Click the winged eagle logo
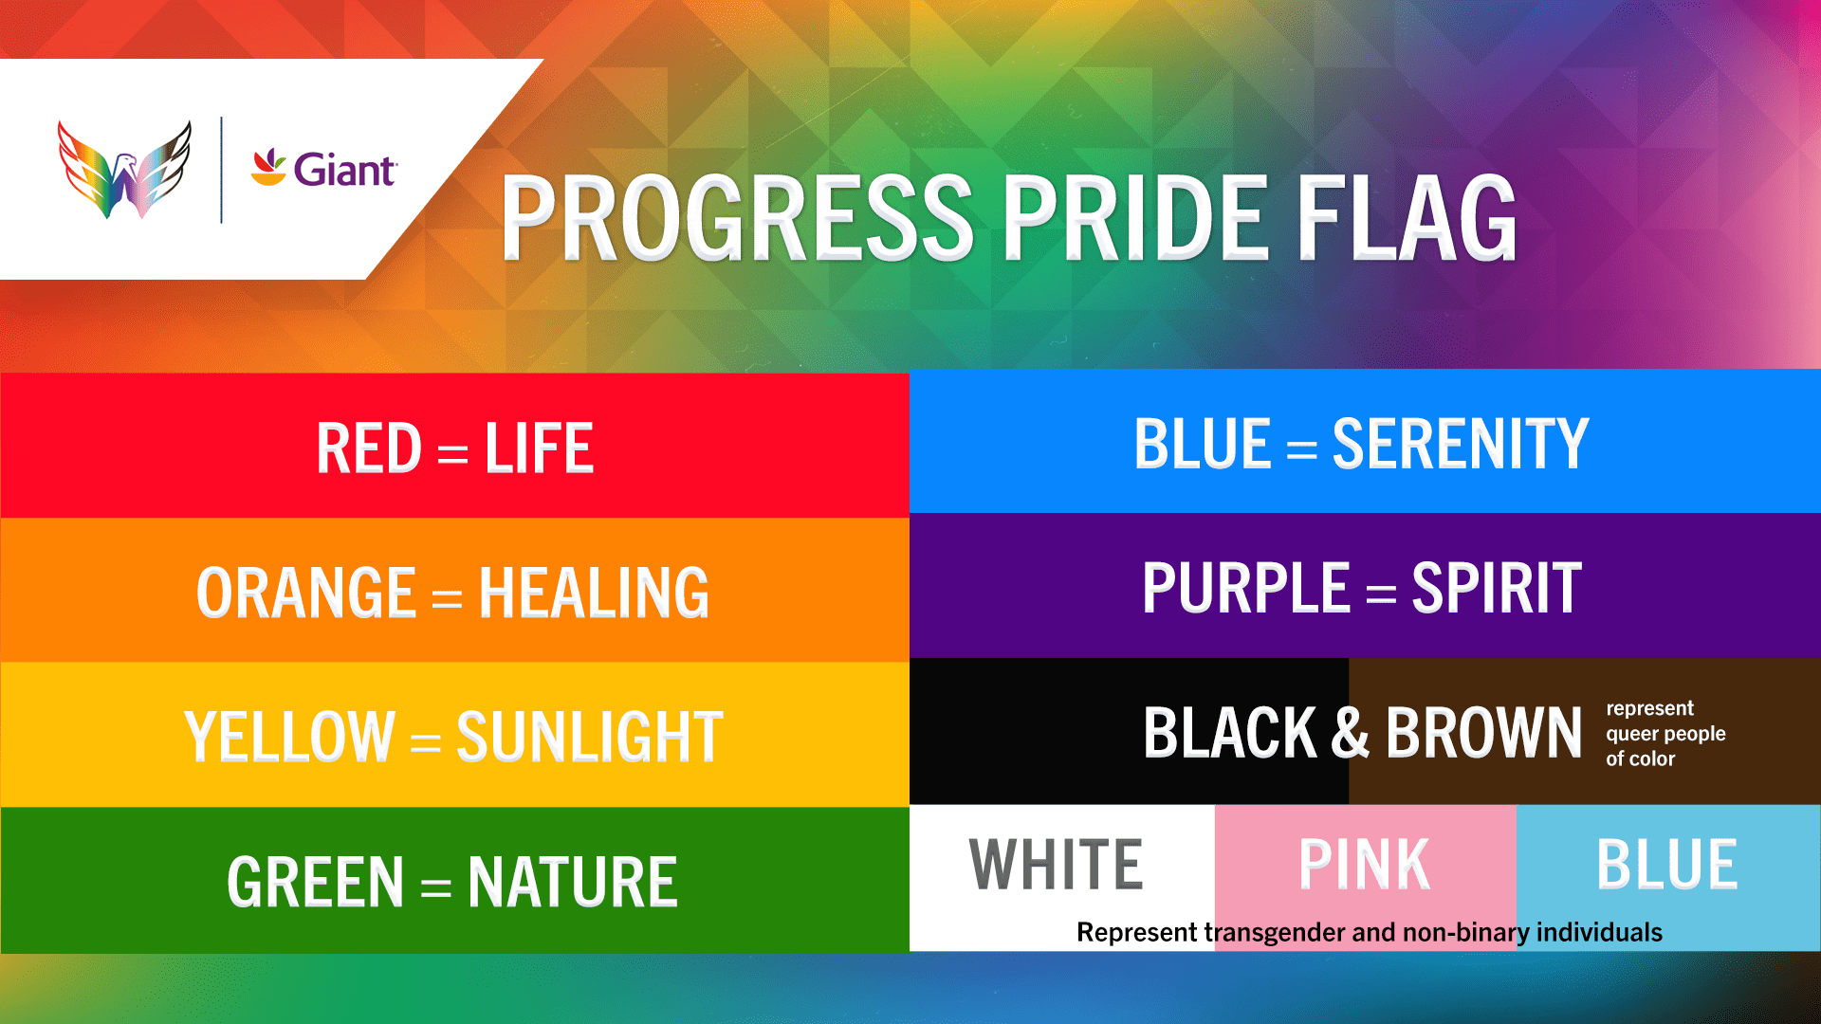click(x=124, y=170)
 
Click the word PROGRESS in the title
click(x=738, y=218)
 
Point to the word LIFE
click(x=540, y=448)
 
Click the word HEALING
click(x=594, y=594)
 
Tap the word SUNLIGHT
click(x=590, y=737)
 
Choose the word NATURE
click(x=573, y=882)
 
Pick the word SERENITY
click(x=1461, y=444)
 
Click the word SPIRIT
click(x=1497, y=588)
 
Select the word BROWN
click(x=1484, y=733)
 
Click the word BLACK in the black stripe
click(x=1230, y=733)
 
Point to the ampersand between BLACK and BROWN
click(x=1351, y=733)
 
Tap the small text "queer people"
click(x=1665, y=734)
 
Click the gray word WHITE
click(x=1056, y=865)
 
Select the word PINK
click(x=1364, y=865)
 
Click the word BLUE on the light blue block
click(x=1666, y=865)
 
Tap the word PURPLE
click(x=1246, y=588)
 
